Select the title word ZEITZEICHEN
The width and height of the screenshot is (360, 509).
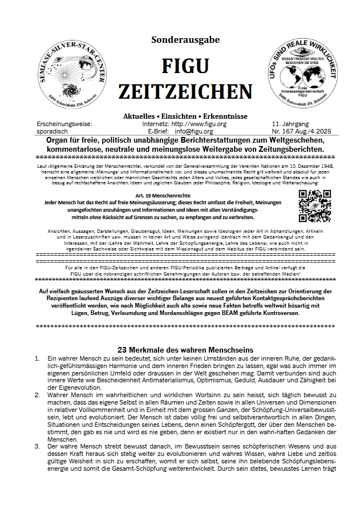pyautogui.click(x=185, y=91)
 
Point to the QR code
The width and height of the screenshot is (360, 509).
pyautogui.click(x=315, y=205)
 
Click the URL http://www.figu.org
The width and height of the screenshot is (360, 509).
pyautogui.click(x=199, y=123)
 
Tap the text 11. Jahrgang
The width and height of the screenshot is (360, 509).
pyautogui.click(x=292, y=123)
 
